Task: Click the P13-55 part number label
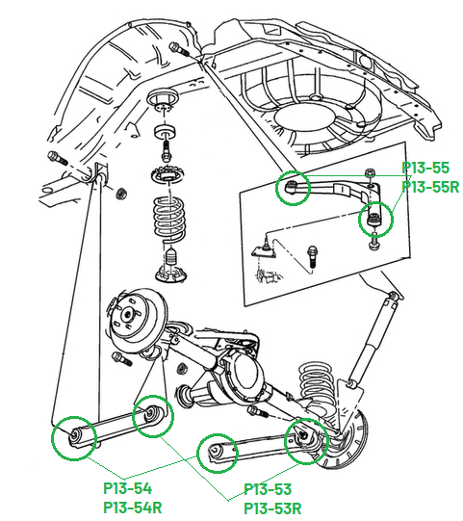425,168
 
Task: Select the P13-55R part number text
429,187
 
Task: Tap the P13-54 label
127,489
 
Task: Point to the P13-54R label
132,508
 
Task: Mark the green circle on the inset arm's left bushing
293,189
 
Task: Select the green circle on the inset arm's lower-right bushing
376,220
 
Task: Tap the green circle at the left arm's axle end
153,415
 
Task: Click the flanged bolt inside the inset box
313,257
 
